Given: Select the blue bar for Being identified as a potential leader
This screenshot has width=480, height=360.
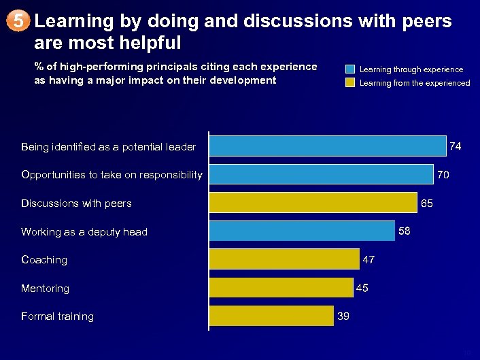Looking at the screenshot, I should pyautogui.click(x=327, y=146).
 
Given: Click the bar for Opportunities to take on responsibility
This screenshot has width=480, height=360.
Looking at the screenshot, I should pyautogui.click(x=321, y=175).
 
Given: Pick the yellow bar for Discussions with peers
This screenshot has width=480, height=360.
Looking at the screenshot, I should pyautogui.click(x=313, y=203).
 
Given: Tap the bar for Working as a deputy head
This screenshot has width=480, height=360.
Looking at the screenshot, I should pyautogui.click(x=301, y=231).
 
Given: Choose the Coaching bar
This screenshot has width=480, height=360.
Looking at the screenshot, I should pyautogui.click(x=284, y=259).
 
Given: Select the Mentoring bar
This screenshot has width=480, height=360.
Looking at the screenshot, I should pyautogui.click(x=281, y=288).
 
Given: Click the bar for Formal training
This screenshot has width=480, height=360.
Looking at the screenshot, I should pyautogui.click(x=271, y=316).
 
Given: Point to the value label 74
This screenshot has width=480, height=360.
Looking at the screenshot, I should pyautogui.click(x=456, y=146).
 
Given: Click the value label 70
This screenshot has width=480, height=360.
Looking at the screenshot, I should pyautogui.click(x=443, y=175).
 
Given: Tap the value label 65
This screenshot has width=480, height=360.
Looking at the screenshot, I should pyautogui.click(x=426, y=203).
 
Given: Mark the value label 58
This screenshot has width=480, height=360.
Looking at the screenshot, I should pyautogui.click(x=404, y=231).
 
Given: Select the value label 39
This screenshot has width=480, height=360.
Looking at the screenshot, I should pyautogui.click(x=343, y=316).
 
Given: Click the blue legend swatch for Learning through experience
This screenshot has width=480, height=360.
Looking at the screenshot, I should pyautogui.click(x=349, y=69).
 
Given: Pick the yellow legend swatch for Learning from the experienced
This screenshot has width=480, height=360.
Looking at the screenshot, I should pyautogui.click(x=349, y=83).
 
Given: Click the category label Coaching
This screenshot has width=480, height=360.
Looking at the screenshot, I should pyautogui.click(x=44, y=260).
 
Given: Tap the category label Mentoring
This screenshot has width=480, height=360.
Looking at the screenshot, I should pyautogui.click(x=45, y=289).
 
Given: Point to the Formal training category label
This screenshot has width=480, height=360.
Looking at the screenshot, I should pyautogui.click(x=57, y=316).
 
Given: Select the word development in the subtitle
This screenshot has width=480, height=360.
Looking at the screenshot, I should pyautogui.click(x=241, y=80).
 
